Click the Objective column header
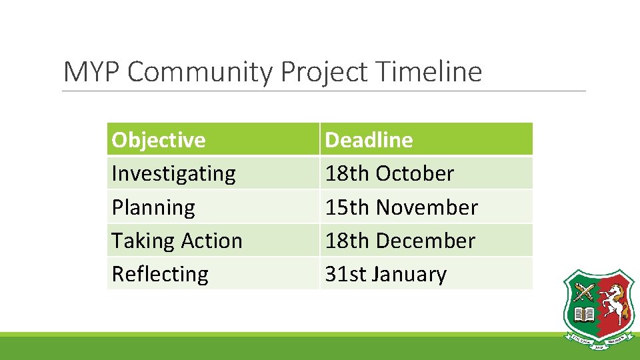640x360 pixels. [159, 140]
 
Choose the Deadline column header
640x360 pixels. [369, 140]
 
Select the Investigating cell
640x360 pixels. [173, 173]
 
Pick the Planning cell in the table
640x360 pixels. [153, 207]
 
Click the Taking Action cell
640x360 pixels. [177, 241]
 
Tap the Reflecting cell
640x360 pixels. [160, 274]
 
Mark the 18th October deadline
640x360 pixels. [389, 173]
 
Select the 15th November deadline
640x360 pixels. [401, 207]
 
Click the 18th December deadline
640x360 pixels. [400, 241]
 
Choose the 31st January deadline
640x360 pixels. [385, 274]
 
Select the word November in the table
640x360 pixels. [427, 207]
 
